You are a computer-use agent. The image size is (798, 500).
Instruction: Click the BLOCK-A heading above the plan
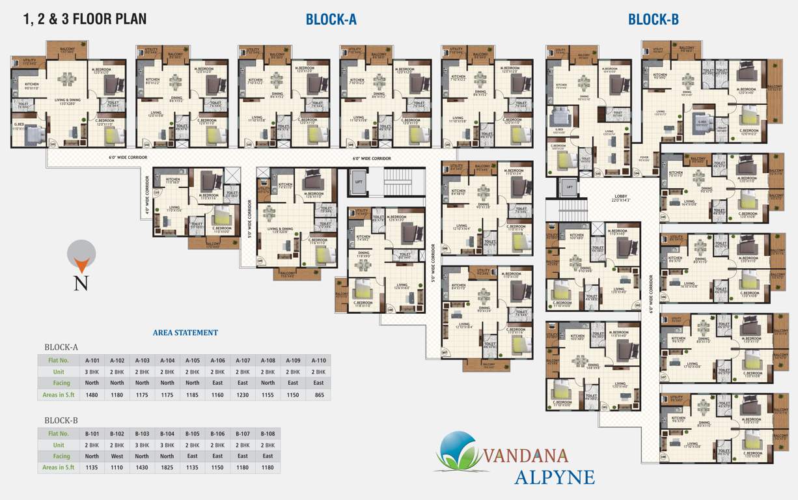(331, 20)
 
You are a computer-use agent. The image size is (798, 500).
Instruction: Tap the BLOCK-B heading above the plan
(653, 20)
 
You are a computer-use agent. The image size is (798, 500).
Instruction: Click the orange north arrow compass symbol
(82, 257)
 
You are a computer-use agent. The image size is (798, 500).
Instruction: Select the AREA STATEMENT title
(186, 333)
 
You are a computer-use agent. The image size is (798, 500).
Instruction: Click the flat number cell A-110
(318, 360)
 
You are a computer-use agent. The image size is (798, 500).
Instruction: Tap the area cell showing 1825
(167, 467)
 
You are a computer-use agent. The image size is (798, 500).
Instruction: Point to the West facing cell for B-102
(117, 456)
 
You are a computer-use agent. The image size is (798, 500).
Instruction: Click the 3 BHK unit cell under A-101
(91, 371)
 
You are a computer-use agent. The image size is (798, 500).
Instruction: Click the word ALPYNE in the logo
(554, 477)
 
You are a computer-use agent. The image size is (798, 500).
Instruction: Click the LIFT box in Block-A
(359, 182)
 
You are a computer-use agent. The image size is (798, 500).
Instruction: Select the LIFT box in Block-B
(569, 187)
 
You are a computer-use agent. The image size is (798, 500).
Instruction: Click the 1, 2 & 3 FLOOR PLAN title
(85, 19)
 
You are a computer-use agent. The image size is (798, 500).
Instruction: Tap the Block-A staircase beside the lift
(396, 186)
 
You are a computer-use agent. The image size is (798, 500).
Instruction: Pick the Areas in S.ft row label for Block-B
(61, 467)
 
